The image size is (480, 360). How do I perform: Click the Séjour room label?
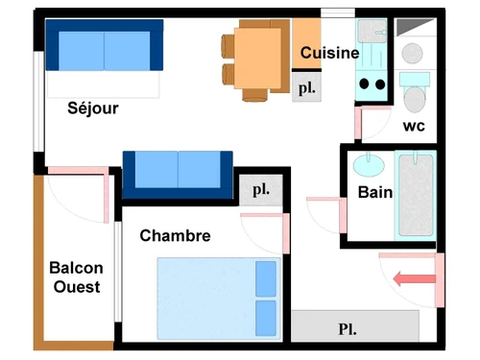[x=93, y=108]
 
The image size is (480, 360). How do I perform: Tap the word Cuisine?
[x=329, y=53]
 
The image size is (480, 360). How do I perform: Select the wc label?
[x=414, y=126]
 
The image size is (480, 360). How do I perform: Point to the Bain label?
[x=374, y=192]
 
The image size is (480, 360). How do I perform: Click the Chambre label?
[x=175, y=235]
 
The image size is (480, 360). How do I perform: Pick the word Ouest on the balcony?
[x=76, y=287]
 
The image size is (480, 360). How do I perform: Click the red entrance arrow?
[x=414, y=278]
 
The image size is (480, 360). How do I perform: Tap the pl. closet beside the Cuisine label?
[x=307, y=87]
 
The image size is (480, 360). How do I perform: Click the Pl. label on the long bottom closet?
[x=348, y=328]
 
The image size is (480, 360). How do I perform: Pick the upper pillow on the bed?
[x=265, y=278]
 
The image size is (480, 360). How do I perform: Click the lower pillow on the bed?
[x=265, y=316]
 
